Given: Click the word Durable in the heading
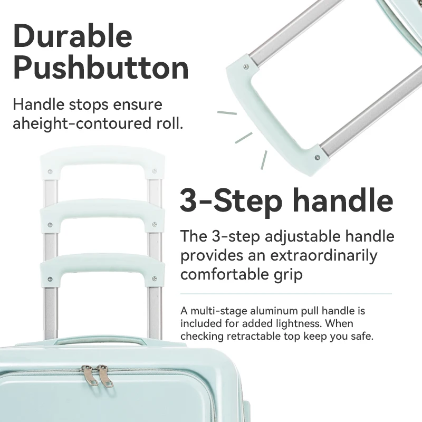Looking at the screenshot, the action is point(73,36).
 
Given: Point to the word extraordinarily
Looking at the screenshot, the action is point(323,255).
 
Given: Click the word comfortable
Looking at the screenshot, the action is point(225,275).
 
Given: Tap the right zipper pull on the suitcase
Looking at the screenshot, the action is point(105,376).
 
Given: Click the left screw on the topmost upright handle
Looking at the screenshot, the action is point(50,171).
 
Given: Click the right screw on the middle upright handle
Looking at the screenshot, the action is point(155,224).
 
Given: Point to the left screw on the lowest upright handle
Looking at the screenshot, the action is point(50,279).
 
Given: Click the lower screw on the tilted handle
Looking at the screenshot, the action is point(318,157).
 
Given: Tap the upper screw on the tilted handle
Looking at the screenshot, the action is point(246,67).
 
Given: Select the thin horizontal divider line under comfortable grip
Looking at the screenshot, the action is point(286,294).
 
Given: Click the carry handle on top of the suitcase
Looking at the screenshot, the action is point(100,340).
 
